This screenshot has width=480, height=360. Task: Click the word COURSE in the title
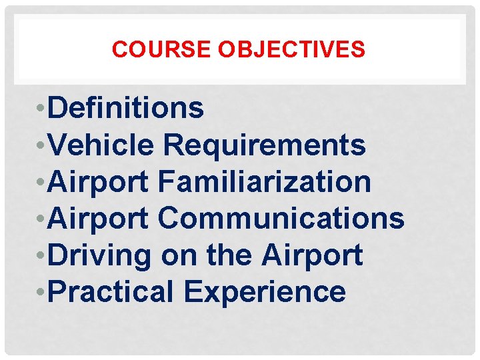[x=151, y=49]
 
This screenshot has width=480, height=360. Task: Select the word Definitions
[x=126, y=108]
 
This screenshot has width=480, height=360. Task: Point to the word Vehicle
[x=101, y=145]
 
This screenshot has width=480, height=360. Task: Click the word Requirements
[x=265, y=145]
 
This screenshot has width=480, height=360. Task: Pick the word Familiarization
[x=265, y=181]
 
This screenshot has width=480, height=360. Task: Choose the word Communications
[x=281, y=218]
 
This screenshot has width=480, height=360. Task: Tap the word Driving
[x=100, y=255]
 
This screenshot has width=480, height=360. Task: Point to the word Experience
[x=265, y=292]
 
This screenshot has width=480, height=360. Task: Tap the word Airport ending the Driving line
[x=312, y=255]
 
